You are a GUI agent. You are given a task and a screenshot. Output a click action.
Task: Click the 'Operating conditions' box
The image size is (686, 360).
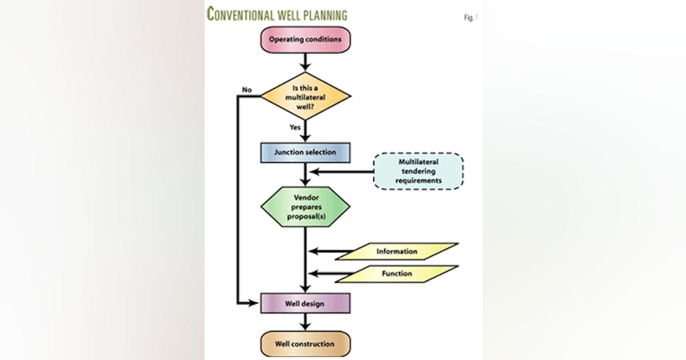[305, 40]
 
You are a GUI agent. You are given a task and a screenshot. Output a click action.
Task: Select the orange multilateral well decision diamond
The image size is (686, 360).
[305, 95]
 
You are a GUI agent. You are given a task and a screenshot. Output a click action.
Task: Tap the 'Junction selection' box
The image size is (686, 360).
[305, 153]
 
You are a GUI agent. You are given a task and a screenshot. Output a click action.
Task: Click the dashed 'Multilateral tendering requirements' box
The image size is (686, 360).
[418, 171]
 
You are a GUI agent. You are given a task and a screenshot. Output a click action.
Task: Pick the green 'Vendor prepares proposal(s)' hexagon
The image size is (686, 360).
[305, 207]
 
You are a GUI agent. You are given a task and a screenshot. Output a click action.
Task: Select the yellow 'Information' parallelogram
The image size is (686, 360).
[397, 251]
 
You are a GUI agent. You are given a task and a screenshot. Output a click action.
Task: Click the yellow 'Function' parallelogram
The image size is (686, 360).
[397, 274]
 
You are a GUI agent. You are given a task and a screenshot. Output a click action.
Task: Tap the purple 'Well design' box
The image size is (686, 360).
[305, 303]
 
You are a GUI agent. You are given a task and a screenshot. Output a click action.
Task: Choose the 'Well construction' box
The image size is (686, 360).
[305, 344]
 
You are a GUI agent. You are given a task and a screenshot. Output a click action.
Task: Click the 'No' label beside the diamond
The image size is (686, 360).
[247, 90]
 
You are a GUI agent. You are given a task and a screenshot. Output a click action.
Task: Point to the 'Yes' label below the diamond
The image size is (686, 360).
[295, 127]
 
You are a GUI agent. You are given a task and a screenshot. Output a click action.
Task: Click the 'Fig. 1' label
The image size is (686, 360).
[470, 18]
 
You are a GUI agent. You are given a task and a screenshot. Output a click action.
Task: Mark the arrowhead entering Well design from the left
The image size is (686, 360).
[255, 303]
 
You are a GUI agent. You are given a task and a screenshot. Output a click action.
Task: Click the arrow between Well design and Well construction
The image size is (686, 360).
[305, 323]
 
